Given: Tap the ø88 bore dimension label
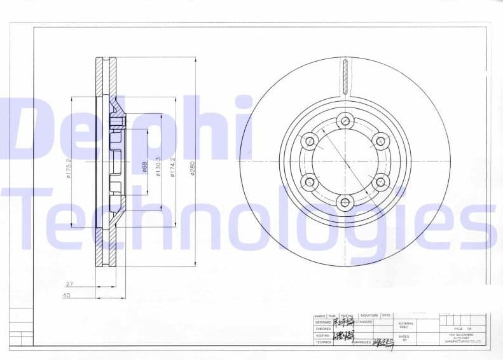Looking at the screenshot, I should [x=144, y=167].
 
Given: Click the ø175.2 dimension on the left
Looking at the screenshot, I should [x=68, y=169].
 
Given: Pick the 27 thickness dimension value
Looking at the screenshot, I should [x=69, y=284].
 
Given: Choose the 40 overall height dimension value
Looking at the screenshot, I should [x=67, y=295].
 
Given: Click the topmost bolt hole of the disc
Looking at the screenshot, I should [x=345, y=120].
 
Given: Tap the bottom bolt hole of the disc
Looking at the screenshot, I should [x=345, y=203].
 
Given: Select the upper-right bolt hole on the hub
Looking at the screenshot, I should [x=380, y=141].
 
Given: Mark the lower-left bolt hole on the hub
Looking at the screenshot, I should [x=309, y=182].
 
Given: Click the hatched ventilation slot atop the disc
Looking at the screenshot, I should [x=345, y=76].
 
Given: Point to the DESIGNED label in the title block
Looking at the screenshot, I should [x=323, y=322].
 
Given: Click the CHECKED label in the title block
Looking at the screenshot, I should [x=323, y=329].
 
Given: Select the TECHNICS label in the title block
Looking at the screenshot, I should [x=323, y=342].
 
